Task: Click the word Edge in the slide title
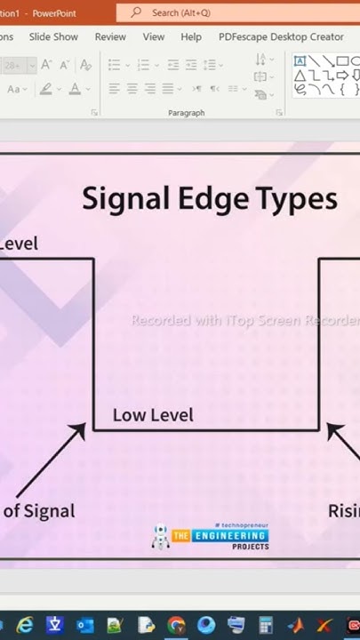tap(204, 198)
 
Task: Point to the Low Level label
tap(153, 415)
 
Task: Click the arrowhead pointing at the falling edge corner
tap(78, 430)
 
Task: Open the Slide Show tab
tap(53, 37)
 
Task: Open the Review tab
tap(110, 37)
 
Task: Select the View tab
tap(154, 37)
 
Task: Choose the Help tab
tap(191, 37)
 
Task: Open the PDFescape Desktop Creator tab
tap(281, 37)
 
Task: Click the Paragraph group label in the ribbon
tap(186, 113)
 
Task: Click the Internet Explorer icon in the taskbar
tap(25, 625)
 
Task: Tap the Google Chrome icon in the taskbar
tap(176, 625)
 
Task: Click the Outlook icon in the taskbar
tap(85, 625)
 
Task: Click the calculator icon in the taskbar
tap(266, 625)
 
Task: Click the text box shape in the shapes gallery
tap(300, 60)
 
